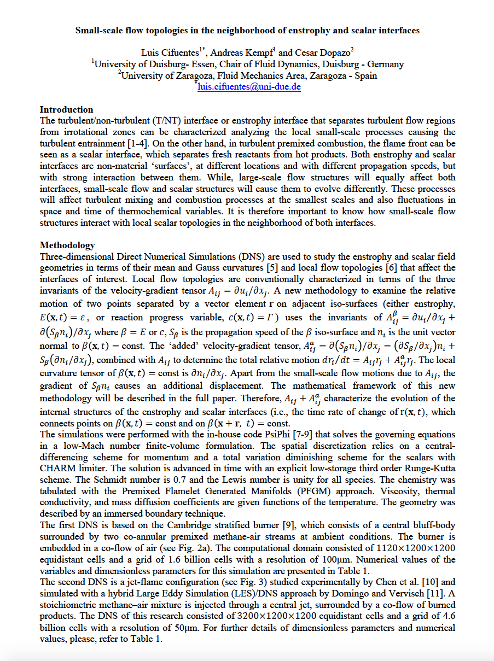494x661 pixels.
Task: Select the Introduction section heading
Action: [67, 109]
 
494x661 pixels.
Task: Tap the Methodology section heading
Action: [67, 245]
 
